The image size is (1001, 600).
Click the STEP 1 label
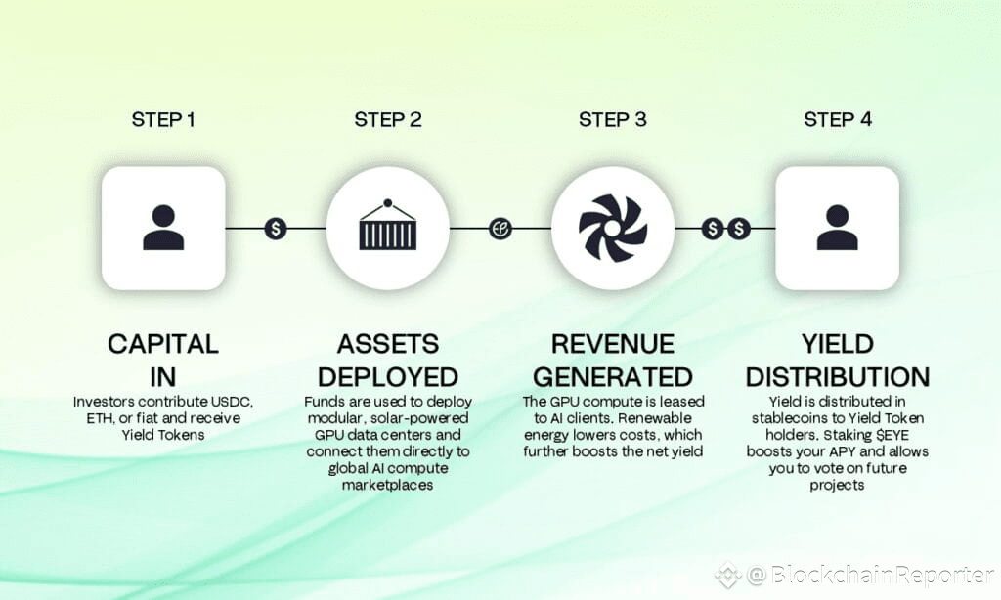(163, 120)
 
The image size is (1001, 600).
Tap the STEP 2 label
(388, 120)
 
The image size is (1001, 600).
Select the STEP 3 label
(612, 120)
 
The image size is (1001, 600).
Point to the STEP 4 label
(838, 120)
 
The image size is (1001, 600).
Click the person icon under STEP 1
(163, 228)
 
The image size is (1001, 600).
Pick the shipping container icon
(387, 228)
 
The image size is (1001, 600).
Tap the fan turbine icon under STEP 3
(612, 228)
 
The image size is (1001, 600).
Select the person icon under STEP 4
(837, 228)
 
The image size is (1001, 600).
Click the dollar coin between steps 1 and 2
(276, 229)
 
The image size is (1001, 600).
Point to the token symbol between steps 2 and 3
(500, 229)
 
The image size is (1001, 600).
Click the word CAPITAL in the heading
(163, 344)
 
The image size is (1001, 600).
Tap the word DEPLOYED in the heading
(388, 376)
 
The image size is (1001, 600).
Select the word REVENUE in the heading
(613, 344)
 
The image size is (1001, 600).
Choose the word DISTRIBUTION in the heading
(838, 376)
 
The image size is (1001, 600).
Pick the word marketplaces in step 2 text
(388, 485)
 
